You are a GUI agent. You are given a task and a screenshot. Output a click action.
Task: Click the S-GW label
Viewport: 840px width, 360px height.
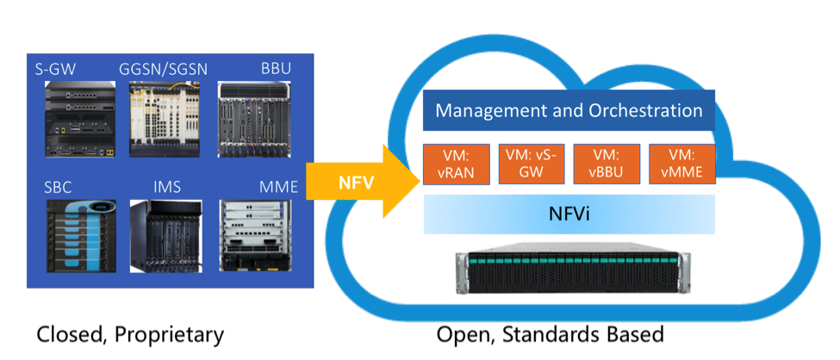tap(61, 68)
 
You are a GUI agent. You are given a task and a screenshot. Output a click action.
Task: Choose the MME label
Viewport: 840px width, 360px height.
tap(277, 186)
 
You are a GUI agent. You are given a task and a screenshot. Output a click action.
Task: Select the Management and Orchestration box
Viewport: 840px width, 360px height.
tap(569, 111)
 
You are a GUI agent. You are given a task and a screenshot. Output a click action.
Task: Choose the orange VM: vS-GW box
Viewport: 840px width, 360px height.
tap(532, 164)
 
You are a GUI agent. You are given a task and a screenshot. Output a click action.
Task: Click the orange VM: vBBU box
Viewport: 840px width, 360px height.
tap(607, 164)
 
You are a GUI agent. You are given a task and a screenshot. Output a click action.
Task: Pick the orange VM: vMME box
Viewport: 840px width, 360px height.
tap(681, 164)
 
